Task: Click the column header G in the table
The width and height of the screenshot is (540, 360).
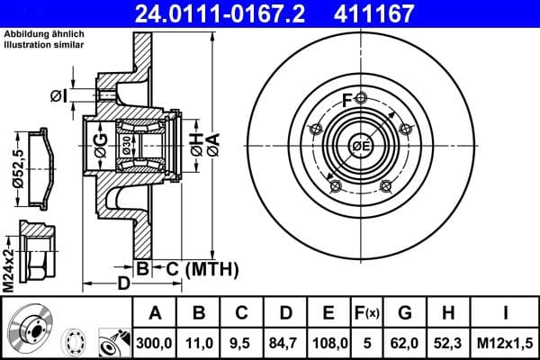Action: point(405,313)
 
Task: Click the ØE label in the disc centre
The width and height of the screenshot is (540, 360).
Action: point(361,147)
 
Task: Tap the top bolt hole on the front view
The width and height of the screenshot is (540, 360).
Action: point(360,98)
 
